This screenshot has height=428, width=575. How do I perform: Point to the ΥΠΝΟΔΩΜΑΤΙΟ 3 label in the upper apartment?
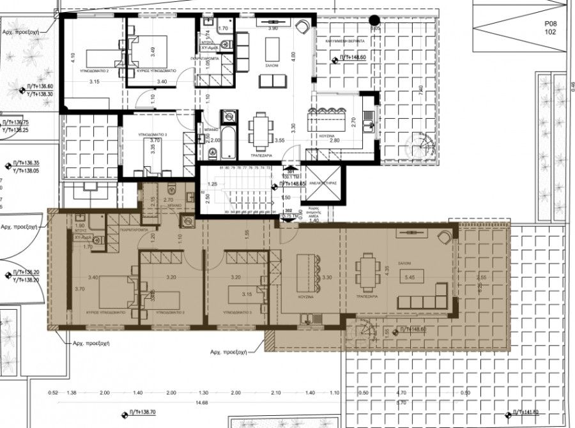(x=153, y=135)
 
